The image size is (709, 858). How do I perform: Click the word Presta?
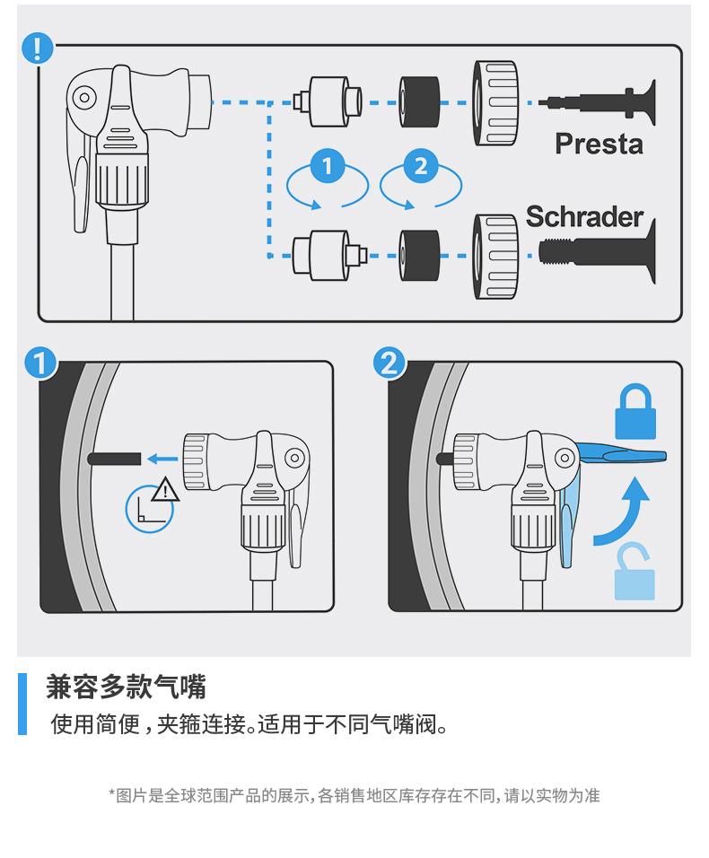click(599, 144)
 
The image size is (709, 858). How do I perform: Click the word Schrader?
click(584, 216)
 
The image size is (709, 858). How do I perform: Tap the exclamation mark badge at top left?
click(37, 48)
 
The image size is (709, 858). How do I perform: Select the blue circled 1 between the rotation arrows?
click(327, 166)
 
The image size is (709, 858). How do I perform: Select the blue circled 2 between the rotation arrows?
click(421, 166)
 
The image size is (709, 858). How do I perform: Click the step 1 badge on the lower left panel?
click(39, 363)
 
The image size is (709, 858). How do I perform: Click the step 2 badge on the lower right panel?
click(389, 363)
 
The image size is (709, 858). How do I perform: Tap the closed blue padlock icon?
click(635, 413)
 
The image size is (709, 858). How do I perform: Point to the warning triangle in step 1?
click(165, 490)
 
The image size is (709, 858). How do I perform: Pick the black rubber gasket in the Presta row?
click(419, 101)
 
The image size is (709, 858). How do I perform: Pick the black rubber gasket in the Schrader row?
click(419, 255)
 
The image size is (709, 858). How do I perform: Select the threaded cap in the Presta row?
click(495, 102)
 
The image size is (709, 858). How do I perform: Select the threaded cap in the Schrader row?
click(495, 256)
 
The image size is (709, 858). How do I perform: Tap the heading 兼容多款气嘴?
click(126, 687)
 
